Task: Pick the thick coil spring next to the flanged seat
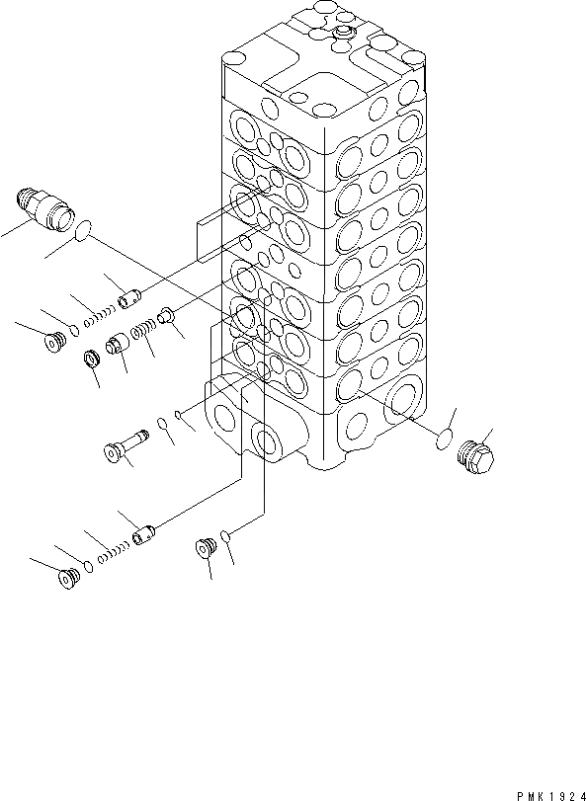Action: point(144,333)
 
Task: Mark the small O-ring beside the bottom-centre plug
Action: point(227,536)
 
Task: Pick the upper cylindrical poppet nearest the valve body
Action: point(131,294)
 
